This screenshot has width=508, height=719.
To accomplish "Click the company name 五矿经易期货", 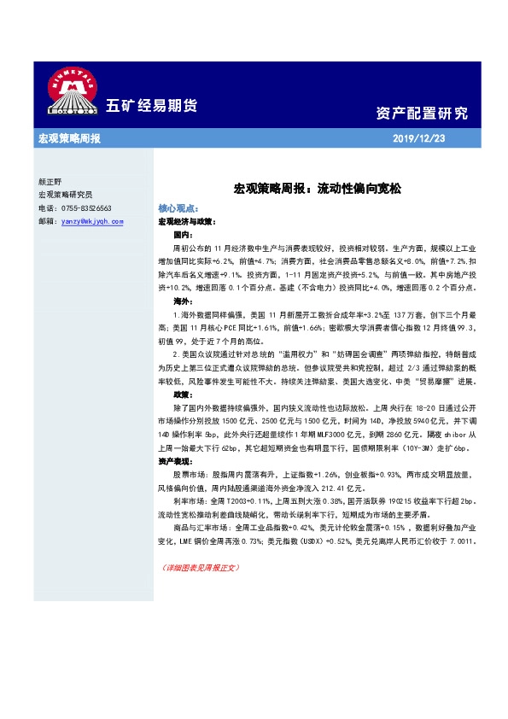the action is pyautogui.click(x=151, y=107).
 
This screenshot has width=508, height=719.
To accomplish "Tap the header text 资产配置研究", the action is pyautogui.click(x=422, y=114).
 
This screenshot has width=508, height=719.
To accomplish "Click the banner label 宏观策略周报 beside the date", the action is pyautogui.click(x=69, y=138).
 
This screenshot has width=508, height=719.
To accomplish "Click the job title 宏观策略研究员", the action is pyautogui.click(x=66, y=195).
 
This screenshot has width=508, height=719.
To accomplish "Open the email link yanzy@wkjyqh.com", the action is pyautogui.click(x=92, y=220).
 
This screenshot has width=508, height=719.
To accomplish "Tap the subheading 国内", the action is pyautogui.click(x=183, y=233).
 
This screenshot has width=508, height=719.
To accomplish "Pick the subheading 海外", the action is pyautogui.click(x=183, y=302).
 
